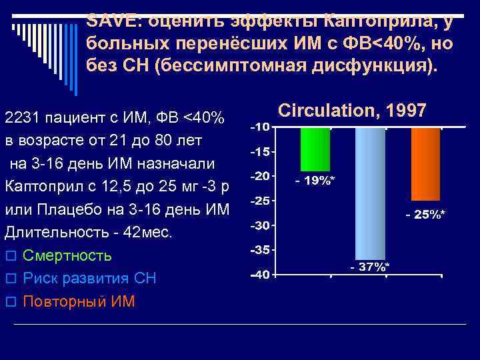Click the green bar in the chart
[315, 149]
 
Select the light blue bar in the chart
[370, 193]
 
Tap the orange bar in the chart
[425, 163]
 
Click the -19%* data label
[315, 181]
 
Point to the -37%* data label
[370, 267]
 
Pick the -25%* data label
[425, 214]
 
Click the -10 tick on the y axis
[260, 127]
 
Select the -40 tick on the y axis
[260, 274]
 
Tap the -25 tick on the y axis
[260, 201]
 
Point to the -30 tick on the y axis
[260, 225]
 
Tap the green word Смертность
[67, 256]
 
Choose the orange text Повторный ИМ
[79, 301]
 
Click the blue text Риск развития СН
[89, 279]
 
